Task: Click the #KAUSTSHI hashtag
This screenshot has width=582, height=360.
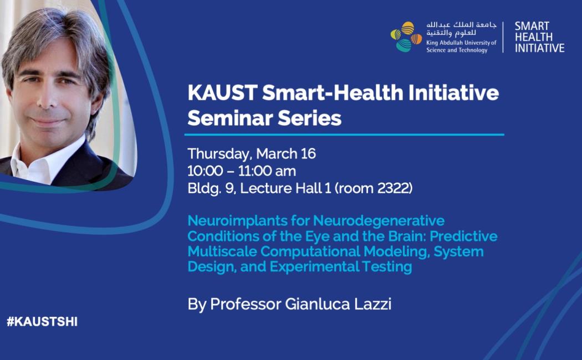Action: (x=42, y=321)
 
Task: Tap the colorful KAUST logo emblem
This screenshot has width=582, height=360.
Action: (x=406, y=37)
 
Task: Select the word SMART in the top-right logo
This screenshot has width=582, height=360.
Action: (x=532, y=27)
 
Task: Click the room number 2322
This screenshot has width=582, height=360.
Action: (x=393, y=188)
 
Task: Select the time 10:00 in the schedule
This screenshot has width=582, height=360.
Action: (x=205, y=171)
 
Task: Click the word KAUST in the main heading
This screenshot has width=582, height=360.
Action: (x=223, y=92)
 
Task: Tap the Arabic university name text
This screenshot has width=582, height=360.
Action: (x=461, y=29)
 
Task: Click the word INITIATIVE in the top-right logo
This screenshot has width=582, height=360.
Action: (x=540, y=48)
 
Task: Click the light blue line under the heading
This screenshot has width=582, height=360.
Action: (x=344, y=135)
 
